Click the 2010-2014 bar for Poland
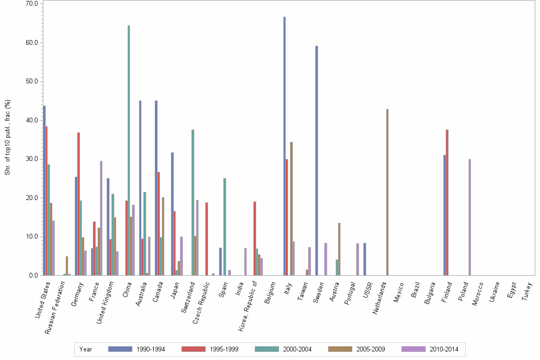tap(470, 217)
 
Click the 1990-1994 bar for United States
tap(44, 190)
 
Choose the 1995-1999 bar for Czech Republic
tap(207, 239)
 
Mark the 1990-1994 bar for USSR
tap(364, 259)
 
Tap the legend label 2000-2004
tap(298, 349)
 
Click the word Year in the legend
tap(86, 349)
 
